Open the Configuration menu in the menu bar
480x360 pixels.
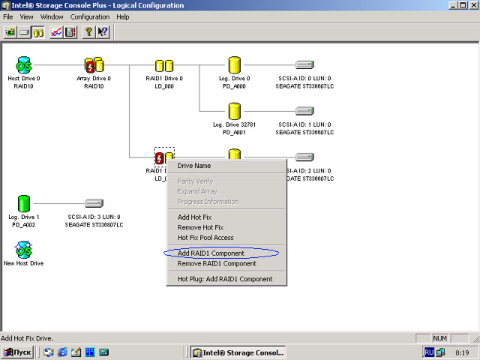coord(89,16)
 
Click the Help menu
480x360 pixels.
coord(122,16)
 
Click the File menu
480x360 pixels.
coord(9,16)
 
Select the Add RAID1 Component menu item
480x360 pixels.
coord(211,253)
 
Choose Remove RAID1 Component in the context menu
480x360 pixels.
coord(217,263)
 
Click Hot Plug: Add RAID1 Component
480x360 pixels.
coord(225,279)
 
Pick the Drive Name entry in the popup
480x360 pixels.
coord(194,166)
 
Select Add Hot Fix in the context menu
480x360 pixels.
coord(194,217)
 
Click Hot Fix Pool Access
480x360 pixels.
coord(205,238)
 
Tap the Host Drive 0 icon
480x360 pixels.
coord(24,65)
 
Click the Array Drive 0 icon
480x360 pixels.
coord(94,65)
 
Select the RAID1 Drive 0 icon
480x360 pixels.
coord(164,66)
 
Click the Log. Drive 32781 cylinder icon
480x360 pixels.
coord(235,111)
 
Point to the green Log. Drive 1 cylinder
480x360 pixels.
coord(24,203)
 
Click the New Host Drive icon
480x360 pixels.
coord(24,249)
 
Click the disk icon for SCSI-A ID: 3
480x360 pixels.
coord(94,203)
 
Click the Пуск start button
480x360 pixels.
coord(17,352)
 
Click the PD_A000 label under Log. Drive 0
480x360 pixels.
coord(235,86)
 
